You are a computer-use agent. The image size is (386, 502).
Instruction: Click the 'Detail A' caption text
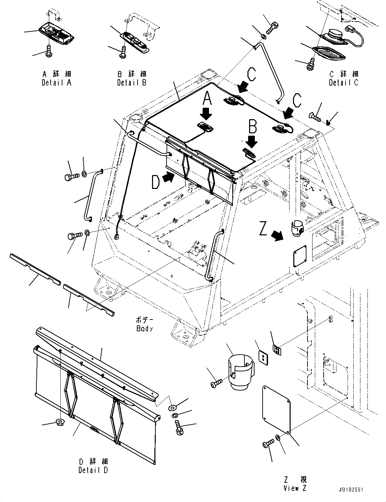[57, 82]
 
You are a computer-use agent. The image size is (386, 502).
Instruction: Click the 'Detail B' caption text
[132, 82]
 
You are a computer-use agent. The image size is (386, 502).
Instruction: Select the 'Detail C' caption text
[344, 82]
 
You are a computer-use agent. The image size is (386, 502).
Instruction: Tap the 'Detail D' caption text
[93, 470]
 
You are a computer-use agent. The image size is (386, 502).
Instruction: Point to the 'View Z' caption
[295, 488]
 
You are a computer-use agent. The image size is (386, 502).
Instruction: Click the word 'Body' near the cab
[145, 328]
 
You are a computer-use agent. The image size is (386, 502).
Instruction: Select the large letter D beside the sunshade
[155, 183]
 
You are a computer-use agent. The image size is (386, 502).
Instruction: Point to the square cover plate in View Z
[276, 409]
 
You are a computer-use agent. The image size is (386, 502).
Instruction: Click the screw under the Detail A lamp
[49, 51]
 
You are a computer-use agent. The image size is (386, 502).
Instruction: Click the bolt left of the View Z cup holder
[216, 382]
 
